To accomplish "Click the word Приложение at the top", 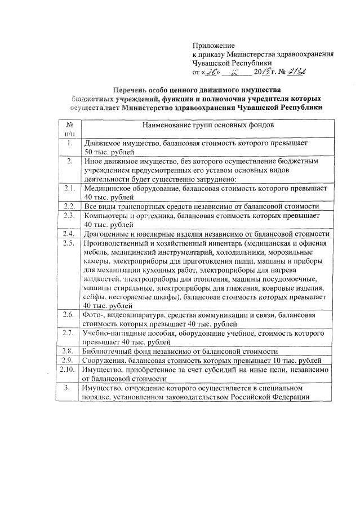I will pyautogui.click(x=214, y=45).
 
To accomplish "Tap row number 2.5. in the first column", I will pyautogui.click(x=69, y=243).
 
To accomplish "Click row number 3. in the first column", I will pyautogui.click(x=69, y=388).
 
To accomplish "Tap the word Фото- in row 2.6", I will pyautogui.click(x=92, y=314).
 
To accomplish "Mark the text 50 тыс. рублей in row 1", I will pyautogui.click(x=109, y=153).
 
